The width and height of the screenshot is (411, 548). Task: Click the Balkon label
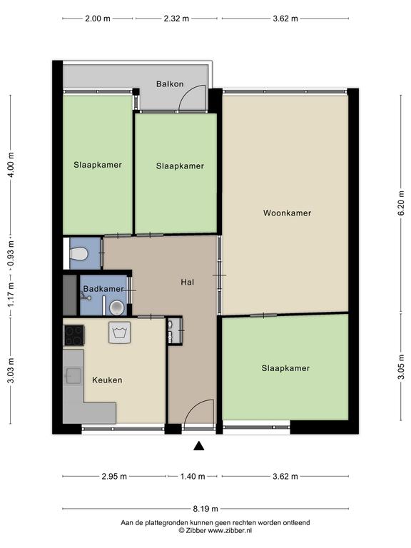point(170,84)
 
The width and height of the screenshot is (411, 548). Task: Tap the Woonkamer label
point(287,213)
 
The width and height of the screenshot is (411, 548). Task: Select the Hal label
point(188,282)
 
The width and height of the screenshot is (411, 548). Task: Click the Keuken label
point(107,380)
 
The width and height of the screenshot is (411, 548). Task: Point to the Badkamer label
point(103,289)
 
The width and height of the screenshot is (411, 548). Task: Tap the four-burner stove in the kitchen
point(73,335)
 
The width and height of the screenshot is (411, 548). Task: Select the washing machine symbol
point(120,333)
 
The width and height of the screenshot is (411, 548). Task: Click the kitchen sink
point(73,376)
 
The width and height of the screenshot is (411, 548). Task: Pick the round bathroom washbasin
point(117,308)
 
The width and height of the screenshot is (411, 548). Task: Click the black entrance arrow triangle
point(199,445)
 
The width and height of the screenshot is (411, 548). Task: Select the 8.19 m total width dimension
point(205,509)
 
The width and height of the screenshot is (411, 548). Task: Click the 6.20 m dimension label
point(401,203)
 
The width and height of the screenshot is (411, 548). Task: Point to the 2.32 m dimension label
point(176,18)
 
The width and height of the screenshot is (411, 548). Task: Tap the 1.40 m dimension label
point(193,476)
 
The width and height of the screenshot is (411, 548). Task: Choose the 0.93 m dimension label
point(11,253)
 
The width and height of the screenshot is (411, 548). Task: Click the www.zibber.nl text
point(230,530)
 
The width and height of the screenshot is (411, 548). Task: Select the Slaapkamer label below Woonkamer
point(285,368)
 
